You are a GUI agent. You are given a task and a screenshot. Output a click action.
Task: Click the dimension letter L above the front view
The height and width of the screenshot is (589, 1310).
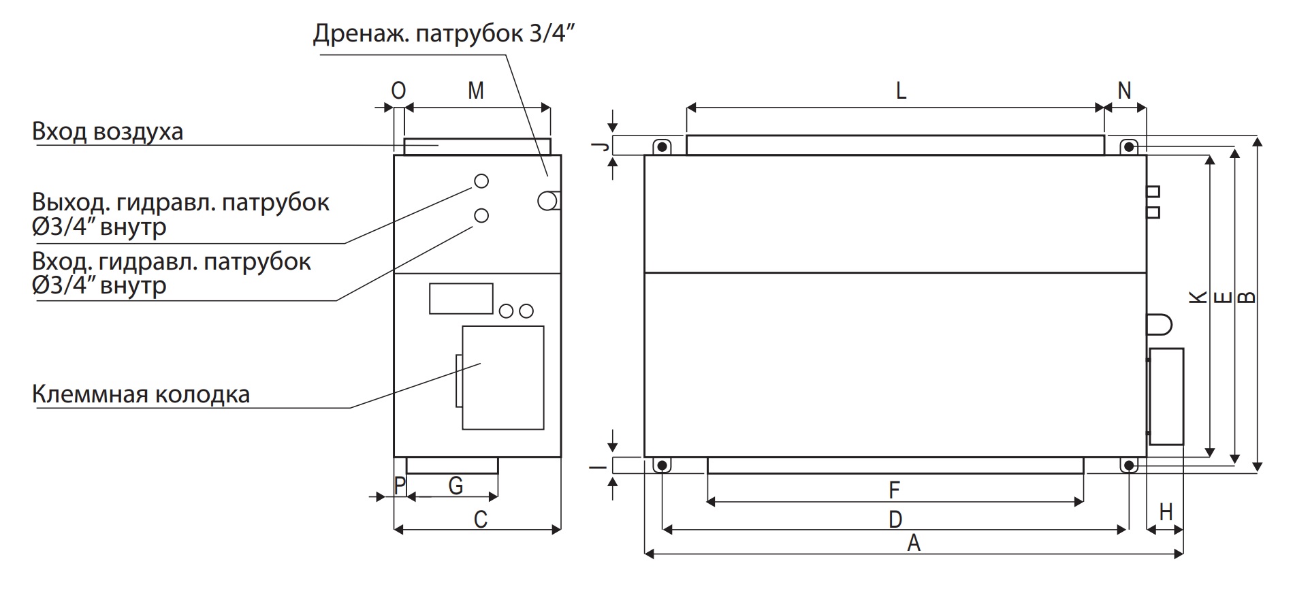click(x=900, y=91)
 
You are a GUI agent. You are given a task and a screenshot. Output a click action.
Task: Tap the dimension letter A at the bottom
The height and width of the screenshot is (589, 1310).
click(x=914, y=543)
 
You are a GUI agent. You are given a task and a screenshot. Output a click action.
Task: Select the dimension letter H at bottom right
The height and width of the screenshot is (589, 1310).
click(x=1166, y=512)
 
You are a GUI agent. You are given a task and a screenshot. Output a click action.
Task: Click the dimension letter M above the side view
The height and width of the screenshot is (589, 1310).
click(x=476, y=91)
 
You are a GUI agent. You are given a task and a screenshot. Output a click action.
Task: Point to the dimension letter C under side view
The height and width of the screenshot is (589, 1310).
click(x=480, y=520)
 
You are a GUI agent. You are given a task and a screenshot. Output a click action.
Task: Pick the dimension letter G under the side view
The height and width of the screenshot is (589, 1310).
click(x=456, y=486)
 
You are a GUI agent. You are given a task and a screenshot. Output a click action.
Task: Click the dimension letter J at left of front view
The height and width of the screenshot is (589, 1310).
click(x=598, y=146)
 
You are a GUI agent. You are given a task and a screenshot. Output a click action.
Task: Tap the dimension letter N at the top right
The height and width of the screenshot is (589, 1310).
click(x=1124, y=91)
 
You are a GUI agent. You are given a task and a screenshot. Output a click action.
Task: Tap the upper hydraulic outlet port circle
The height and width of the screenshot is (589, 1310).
click(x=481, y=180)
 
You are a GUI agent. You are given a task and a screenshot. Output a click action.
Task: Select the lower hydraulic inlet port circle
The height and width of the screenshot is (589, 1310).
click(x=481, y=215)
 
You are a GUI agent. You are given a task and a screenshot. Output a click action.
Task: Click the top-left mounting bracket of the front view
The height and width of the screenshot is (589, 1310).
click(x=661, y=147)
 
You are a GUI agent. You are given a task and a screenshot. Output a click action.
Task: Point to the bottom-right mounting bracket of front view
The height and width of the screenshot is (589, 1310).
click(x=1128, y=465)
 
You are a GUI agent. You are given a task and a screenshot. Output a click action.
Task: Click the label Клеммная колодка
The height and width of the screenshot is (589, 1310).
click(x=141, y=394)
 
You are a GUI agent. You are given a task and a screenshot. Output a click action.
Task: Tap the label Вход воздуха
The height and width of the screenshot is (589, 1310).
click(x=108, y=131)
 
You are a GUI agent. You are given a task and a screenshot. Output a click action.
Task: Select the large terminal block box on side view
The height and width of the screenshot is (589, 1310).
click(x=502, y=378)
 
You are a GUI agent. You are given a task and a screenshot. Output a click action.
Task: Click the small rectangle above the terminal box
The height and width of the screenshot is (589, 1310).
click(x=460, y=299)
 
